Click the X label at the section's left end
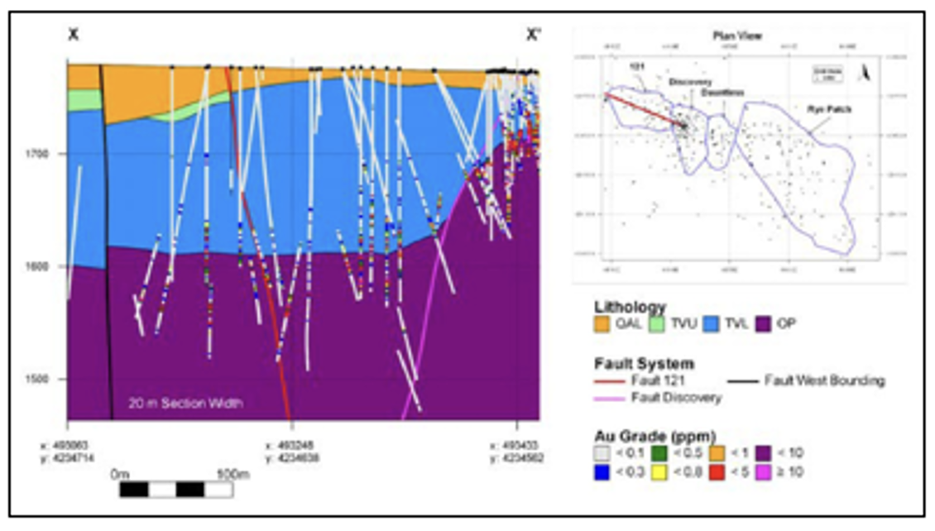pyautogui.click(x=73, y=35)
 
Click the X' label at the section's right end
pyautogui.click(x=534, y=35)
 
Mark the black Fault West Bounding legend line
pyautogui.click(x=744, y=380)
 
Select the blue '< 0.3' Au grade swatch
pyautogui.click(x=602, y=472)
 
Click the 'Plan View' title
pyautogui.click(x=736, y=36)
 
